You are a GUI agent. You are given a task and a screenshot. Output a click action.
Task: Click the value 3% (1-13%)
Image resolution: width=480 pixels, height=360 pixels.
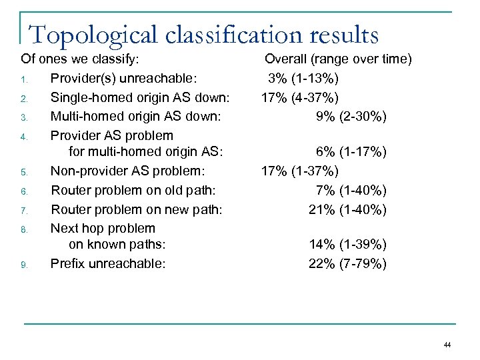(303, 79)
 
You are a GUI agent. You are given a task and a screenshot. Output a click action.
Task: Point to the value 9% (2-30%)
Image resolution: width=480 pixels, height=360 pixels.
(351, 117)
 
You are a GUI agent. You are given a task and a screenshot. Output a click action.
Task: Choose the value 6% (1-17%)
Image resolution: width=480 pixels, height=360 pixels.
(351, 153)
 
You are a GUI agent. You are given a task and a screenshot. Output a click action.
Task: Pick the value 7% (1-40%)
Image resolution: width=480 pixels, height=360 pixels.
(351, 191)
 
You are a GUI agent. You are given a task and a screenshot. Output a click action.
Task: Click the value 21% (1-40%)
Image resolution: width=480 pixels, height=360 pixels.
(347, 210)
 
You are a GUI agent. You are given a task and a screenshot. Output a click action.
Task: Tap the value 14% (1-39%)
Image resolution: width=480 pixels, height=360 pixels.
(347, 245)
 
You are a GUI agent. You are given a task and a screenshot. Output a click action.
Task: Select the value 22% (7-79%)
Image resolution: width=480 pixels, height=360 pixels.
(347, 263)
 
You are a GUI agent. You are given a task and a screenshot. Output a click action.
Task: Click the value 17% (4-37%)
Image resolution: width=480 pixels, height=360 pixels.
(299, 98)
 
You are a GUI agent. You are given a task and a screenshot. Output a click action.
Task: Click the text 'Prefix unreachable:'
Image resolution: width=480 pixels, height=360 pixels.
(108, 263)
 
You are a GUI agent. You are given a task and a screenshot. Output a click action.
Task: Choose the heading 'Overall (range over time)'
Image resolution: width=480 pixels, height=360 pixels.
(338, 60)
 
